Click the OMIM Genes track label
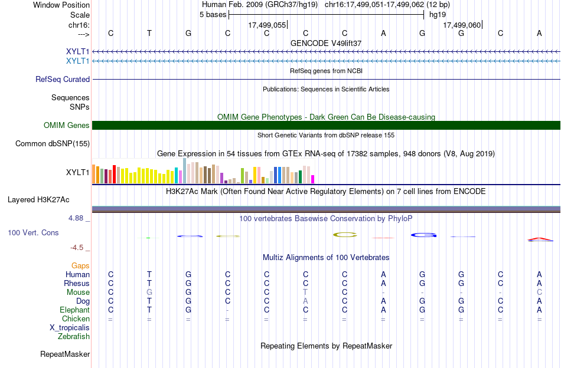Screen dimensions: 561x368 [67, 126]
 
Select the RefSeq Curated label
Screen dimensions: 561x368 [63, 79]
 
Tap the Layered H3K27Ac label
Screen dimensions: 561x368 [38, 200]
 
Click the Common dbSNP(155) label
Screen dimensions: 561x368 [53, 144]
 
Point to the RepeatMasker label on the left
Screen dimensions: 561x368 [65, 354]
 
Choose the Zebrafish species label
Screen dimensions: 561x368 [74, 337]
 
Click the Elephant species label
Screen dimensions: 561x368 [75, 310]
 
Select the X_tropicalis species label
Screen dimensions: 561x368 [70, 328]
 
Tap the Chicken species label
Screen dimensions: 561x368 [76, 318]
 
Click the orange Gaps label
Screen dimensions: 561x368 [80, 266]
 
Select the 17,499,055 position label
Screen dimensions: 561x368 [268, 25]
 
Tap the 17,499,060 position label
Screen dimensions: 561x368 [462, 25]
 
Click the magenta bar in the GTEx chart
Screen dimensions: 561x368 [313, 179]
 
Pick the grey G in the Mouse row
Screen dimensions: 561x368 [149, 293]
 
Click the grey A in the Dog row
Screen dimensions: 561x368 [305, 301]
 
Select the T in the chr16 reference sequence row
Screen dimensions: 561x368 [149, 33]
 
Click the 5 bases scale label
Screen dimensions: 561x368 [213, 15]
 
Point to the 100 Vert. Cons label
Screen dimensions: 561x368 [33, 232]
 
